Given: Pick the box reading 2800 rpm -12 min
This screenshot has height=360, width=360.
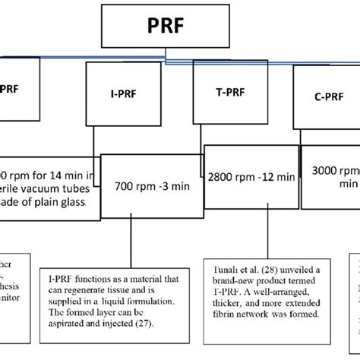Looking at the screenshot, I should tap(248, 176).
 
